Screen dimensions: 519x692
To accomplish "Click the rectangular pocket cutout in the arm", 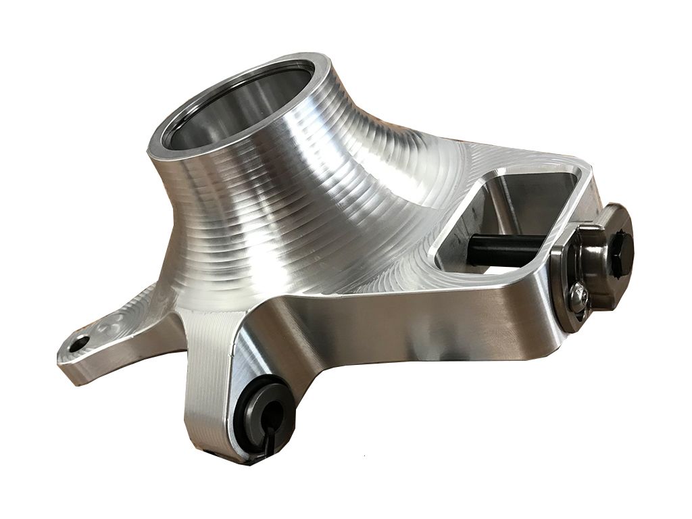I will pyautogui.click(x=514, y=216).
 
